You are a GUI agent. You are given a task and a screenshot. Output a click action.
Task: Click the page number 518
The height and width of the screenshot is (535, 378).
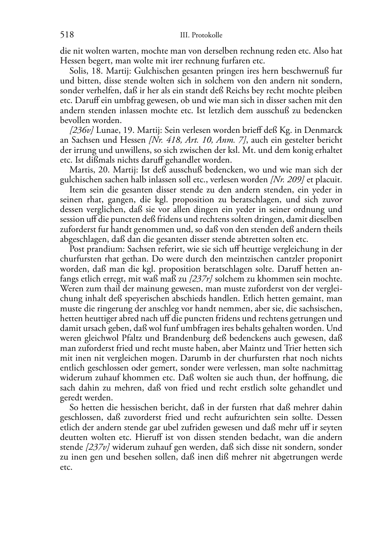pyautogui.click(x=67, y=35)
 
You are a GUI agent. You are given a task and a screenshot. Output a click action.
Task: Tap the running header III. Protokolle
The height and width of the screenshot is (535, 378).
pyautogui.click(x=201, y=35)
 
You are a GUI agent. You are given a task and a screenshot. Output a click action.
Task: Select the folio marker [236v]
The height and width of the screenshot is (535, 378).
pyautogui.click(x=81, y=131)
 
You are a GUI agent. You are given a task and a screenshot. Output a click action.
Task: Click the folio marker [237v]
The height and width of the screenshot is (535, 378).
pyautogui.click(x=98, y=447)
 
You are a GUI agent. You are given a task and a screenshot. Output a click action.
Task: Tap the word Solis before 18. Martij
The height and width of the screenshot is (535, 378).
pyautogui.click(x=78, y=71)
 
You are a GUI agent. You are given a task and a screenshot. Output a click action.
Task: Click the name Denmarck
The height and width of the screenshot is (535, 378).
pyautogui.click(x=324, y=131)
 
